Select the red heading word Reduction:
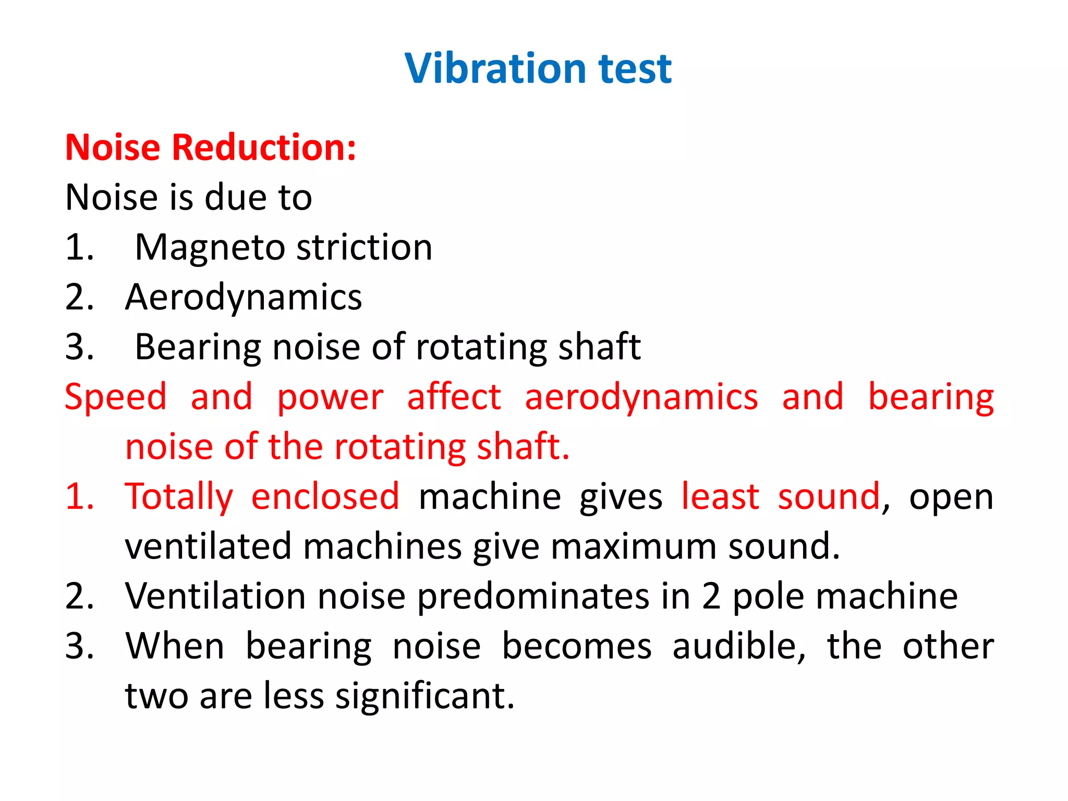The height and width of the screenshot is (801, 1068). coord(264,148)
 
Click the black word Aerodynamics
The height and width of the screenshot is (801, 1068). coord(244,297)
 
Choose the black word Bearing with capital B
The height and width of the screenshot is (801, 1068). coord(198,347)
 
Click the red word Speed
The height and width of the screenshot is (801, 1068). coord(115,397)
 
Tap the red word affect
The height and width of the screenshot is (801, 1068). coord(454,397)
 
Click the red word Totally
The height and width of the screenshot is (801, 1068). coord(179,497)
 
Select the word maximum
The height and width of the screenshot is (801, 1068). coord(633,546)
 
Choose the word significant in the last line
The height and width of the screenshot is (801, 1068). coord(424,696)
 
